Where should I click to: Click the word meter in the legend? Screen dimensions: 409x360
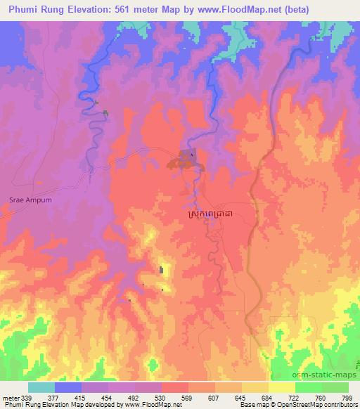[x=11, y=398]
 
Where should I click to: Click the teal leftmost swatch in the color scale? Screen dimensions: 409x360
[x=41, y=387]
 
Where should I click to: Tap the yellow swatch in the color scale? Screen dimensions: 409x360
[x=281, y=387]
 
